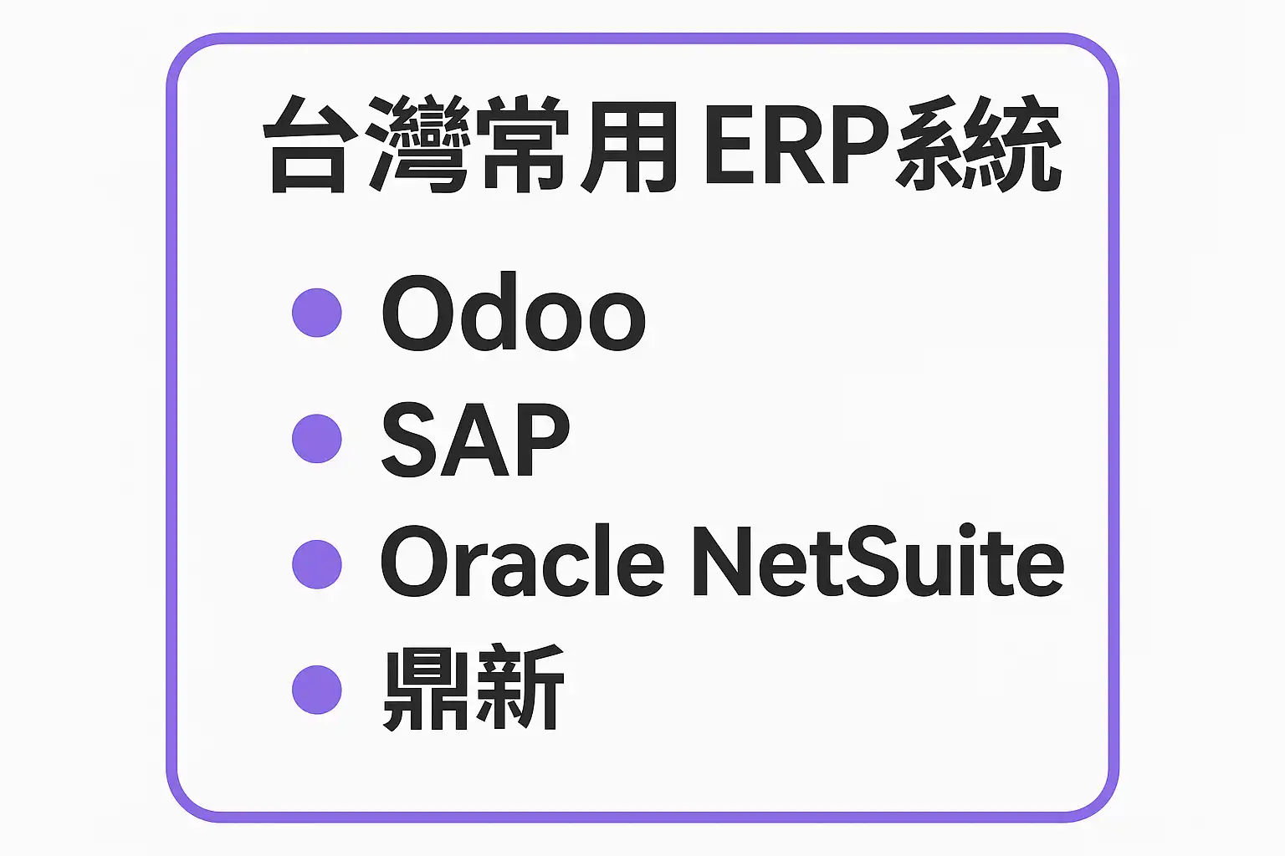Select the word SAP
point(474,439)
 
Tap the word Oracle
point(522,562)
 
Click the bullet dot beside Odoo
point(317,313)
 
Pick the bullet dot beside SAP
point(317,438)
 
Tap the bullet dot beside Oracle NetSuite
point(317,563)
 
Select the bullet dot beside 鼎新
point(317,689)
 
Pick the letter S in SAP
point(411,439)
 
